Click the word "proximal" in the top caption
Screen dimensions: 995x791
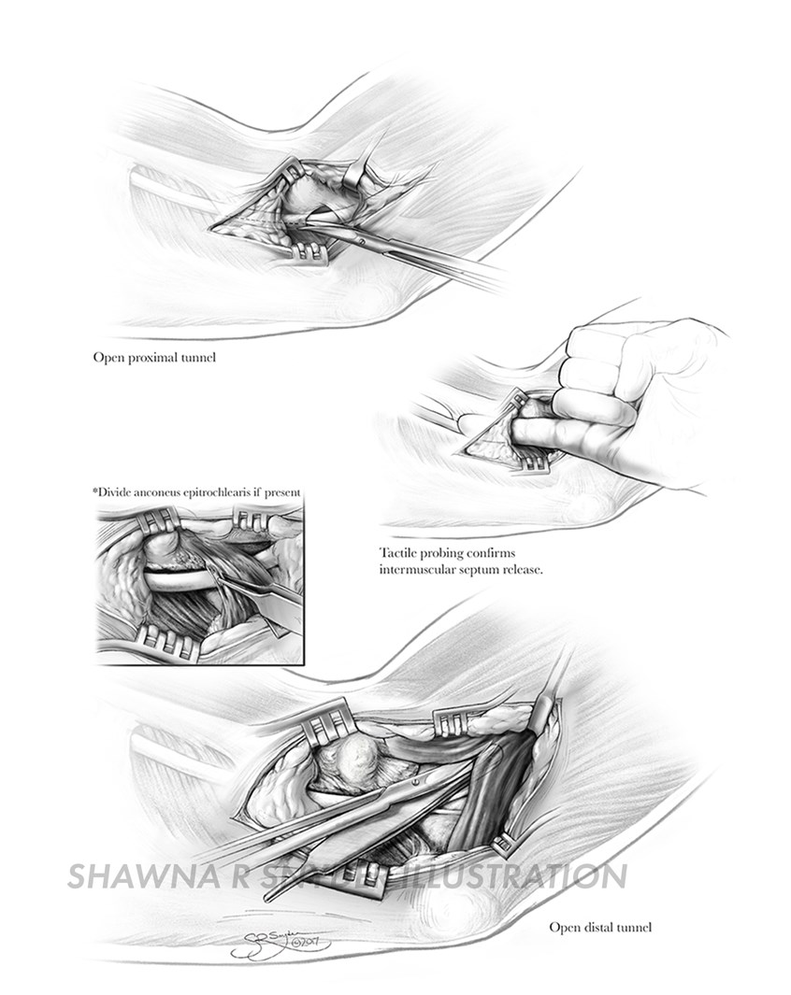(x=155, y=357)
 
